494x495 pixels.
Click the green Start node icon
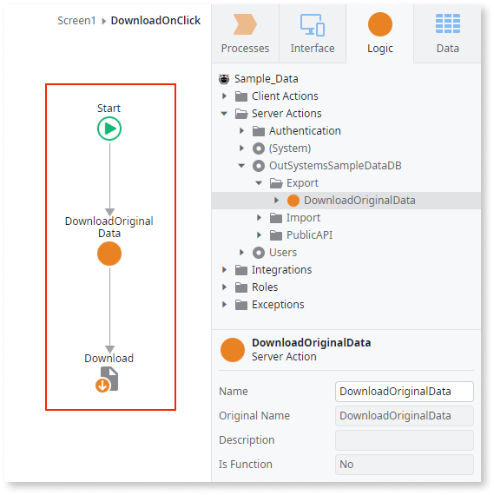coord(109,129)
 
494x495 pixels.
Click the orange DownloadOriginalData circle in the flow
coord(109,254)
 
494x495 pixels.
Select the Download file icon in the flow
coord(108,379)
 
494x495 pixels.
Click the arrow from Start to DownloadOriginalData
coord(109,178)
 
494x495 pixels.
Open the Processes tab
coord(245,35)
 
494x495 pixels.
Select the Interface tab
coord(313,35)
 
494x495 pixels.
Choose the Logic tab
coord(380,35)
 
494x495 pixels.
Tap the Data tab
coord(448,35)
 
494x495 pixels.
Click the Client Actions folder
coord(284,96)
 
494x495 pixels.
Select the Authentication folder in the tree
coord(304,131)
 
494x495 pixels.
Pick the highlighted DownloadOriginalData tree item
coord(359,201)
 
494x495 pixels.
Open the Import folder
coord(303,218)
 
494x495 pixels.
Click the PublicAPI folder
coord(308,235)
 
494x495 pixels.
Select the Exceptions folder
coord(277,305)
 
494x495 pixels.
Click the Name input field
coord(405,392)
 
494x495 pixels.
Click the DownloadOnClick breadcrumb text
coord(155,19)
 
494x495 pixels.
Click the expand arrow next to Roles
coord(224,287)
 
